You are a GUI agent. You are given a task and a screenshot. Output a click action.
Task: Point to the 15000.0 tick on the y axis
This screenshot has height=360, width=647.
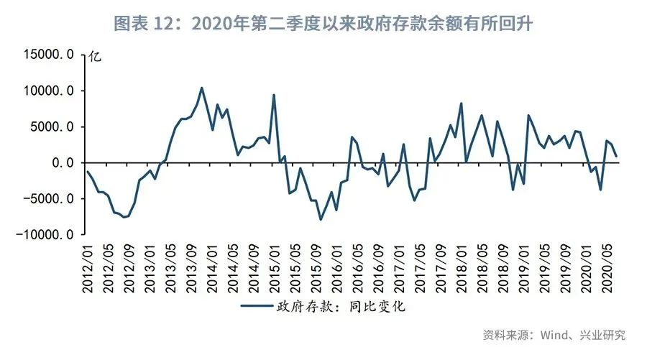pos(50,55)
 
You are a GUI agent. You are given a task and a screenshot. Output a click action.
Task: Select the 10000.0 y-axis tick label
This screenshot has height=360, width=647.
pos(50,91)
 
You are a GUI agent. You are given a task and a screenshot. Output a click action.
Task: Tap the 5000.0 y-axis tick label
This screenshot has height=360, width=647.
pos(53,126)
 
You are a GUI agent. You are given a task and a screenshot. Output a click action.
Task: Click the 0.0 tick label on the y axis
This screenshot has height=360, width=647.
pos(63,162)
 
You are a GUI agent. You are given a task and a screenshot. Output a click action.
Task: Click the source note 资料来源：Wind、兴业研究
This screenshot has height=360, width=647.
pos(554,335)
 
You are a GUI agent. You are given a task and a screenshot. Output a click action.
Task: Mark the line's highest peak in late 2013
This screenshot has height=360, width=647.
pos(201,88)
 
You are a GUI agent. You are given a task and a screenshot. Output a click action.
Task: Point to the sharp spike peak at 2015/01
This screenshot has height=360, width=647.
pos(274,95)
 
